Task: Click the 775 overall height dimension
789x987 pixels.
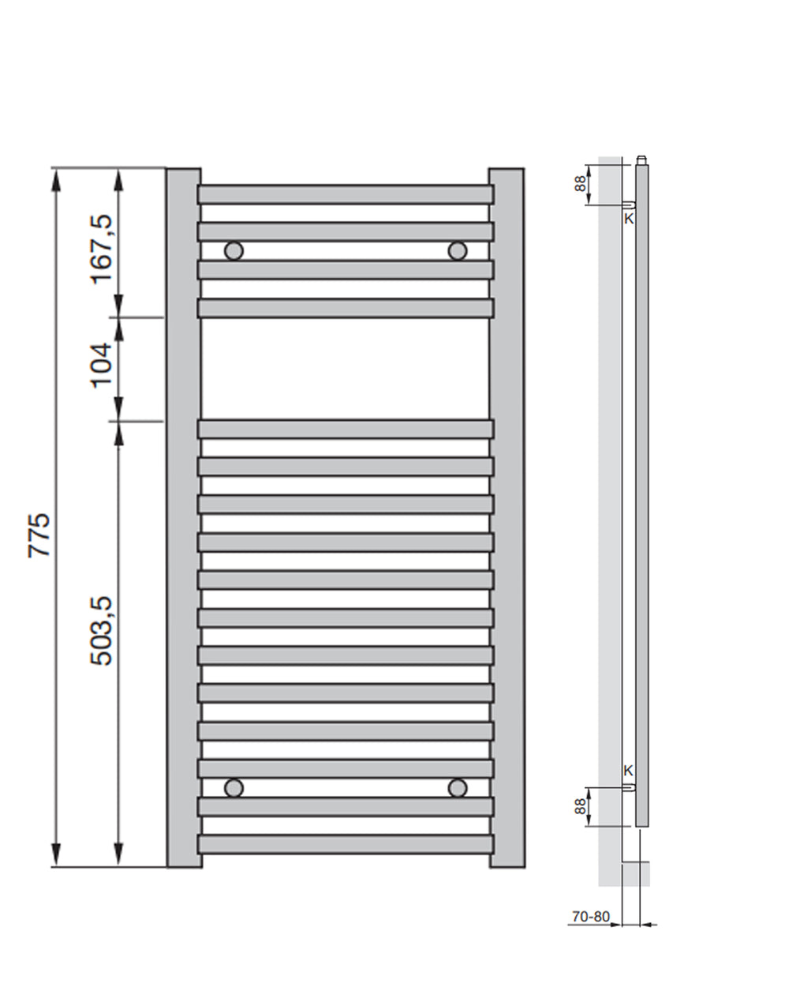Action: (x=39, y=535)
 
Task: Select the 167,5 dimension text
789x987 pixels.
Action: (x=103, y=249)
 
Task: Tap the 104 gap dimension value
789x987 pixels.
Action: (x=103, y=365)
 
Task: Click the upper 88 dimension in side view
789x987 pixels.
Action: (x=581, y=184)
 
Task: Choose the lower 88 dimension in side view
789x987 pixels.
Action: (x=581, y=806)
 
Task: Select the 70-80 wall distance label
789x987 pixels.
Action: (x=591, y=917)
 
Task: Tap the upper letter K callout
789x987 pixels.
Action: (x=629, y=219)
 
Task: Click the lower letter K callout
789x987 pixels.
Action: (x=629, y=771)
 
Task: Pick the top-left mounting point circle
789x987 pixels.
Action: (x=234, y=251)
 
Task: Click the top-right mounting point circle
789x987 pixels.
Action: (x=457, y=251)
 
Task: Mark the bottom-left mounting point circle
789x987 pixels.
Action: (x=234, y=787)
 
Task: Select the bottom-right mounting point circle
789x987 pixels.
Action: (x=457, y=787)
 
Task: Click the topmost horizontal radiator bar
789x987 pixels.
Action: (x=345, y=194)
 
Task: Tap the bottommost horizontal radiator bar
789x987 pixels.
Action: (x=345, y=844)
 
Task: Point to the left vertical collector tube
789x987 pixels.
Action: (x=183, y=517)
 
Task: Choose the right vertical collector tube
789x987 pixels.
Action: (x=507, y=517)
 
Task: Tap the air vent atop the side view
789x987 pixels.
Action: (x=641, y=160)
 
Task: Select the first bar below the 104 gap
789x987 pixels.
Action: (x=345, y=429)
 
